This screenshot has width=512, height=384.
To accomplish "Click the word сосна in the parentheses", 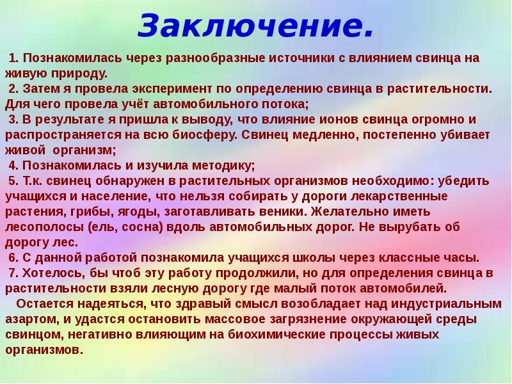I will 145,227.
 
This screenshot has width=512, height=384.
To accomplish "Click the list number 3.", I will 12,120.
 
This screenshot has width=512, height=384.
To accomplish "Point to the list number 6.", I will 12,258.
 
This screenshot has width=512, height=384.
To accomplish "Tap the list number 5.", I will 12,181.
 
